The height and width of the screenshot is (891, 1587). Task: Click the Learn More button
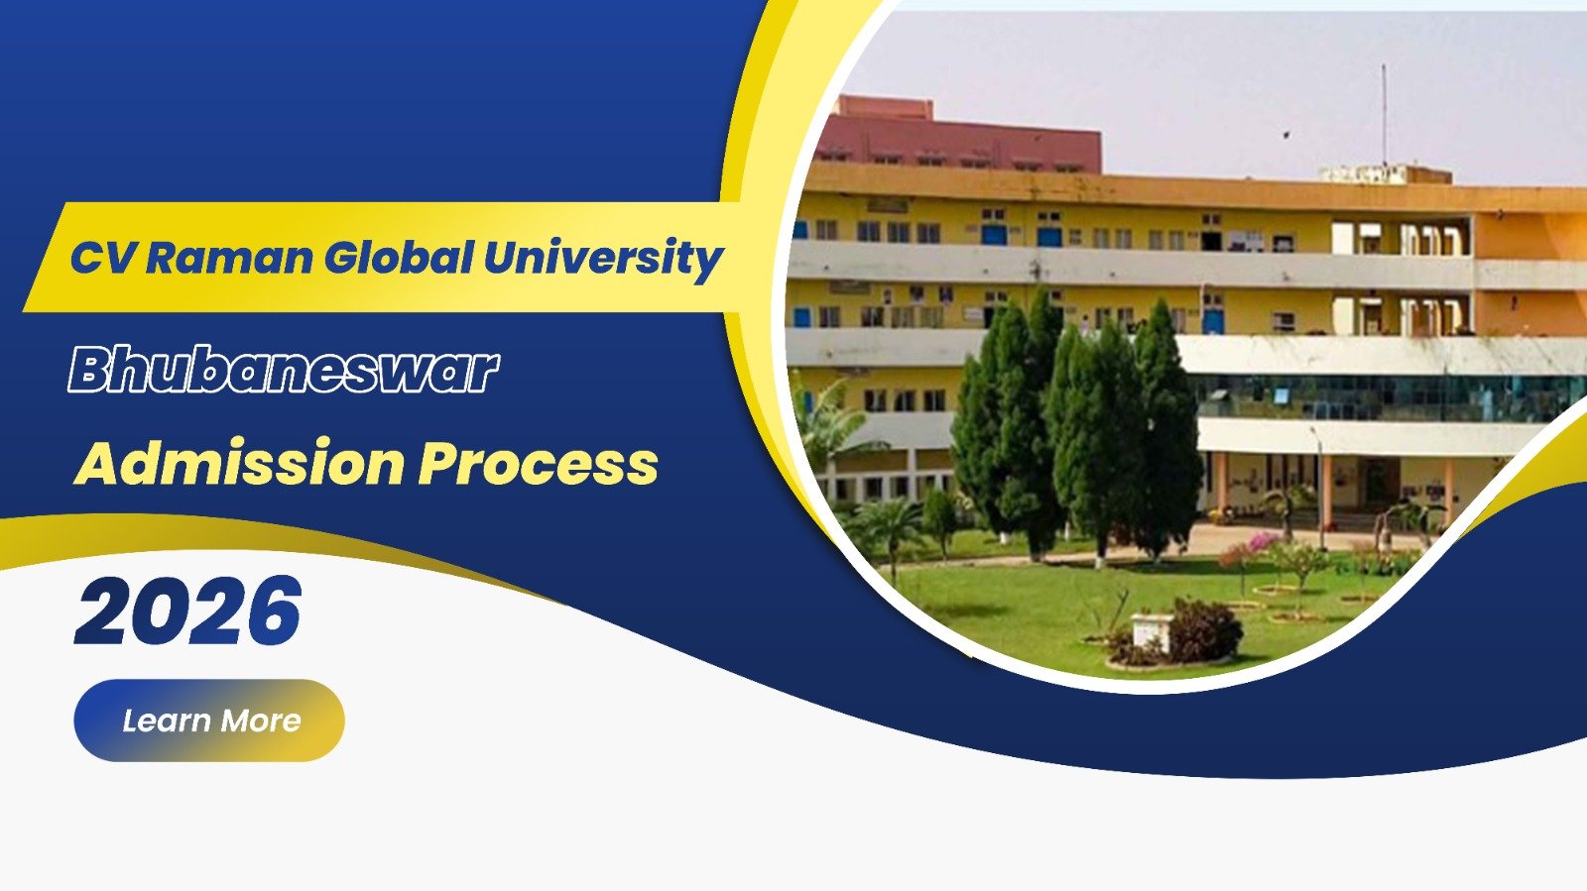pos(209,721)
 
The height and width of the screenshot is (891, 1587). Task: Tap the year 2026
pos(188,611)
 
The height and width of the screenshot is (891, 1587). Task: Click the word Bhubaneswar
pos(284,369)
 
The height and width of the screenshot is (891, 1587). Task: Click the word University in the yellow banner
pos(603,258)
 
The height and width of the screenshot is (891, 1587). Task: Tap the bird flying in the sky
pos(1285,133)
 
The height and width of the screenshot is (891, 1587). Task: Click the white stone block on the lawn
pos(1151,630)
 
